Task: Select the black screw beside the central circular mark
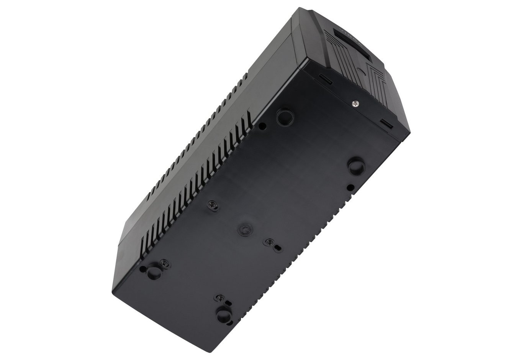270,242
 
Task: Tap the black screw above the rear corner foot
220,298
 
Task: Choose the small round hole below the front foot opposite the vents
350,187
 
